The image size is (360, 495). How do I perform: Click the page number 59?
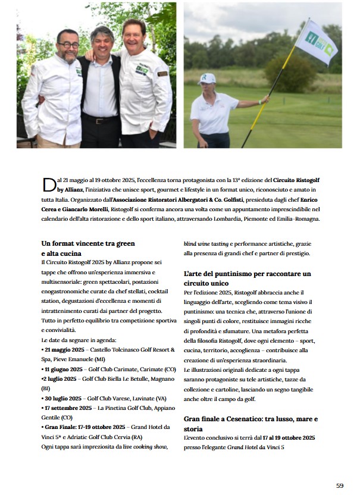[x=340, y=485]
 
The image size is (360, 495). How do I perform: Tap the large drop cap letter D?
[x=49, y=185]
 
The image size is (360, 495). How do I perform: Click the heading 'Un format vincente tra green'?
[x=88, y=243]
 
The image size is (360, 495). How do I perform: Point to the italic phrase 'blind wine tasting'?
[x=206, y=243]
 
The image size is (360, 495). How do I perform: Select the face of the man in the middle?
[x=102, y=44]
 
